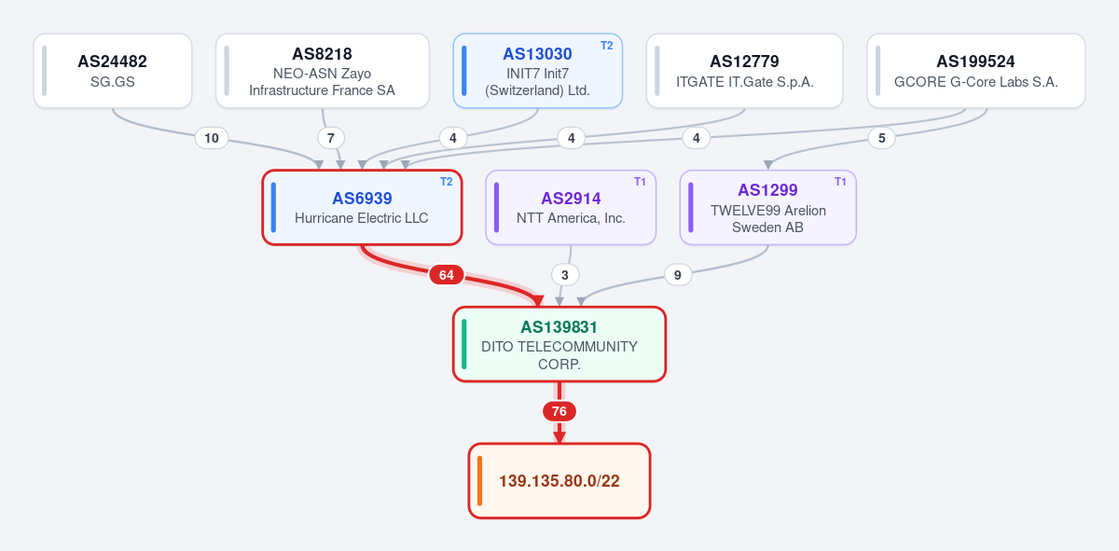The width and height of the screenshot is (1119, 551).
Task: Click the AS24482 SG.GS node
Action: (113, 71)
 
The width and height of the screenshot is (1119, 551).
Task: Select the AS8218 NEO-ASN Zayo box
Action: (323, 71)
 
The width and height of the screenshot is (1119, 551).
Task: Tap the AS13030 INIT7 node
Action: (537, 71)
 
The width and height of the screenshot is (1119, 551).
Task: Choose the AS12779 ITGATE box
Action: (744, 71)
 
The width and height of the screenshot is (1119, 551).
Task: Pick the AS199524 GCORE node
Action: (976, 71)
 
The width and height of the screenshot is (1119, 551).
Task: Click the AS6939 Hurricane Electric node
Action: (362, 207)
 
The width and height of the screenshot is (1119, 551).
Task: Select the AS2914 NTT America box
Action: (571, 207)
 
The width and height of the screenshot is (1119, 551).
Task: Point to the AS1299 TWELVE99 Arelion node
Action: (767, 207)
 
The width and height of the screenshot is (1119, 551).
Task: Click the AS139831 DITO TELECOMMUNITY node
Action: (559, 344)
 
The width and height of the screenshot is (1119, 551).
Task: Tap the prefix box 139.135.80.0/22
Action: (559, 480)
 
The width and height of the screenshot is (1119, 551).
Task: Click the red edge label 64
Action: (446, 275)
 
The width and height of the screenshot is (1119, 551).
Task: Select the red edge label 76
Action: (559, 411)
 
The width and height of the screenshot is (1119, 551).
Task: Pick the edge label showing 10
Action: (212, 138)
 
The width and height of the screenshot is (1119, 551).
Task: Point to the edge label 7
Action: (331, 138)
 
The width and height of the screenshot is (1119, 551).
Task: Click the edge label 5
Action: (882, 138)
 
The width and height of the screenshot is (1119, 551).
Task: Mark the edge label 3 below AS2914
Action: (565, 275)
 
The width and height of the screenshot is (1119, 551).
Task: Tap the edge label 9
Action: (678, 275)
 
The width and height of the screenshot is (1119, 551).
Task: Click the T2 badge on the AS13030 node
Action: (606, 46)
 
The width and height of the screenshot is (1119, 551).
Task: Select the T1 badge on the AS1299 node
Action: (840, 182)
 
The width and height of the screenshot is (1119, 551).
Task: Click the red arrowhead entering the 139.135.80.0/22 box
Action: (559, 437)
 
